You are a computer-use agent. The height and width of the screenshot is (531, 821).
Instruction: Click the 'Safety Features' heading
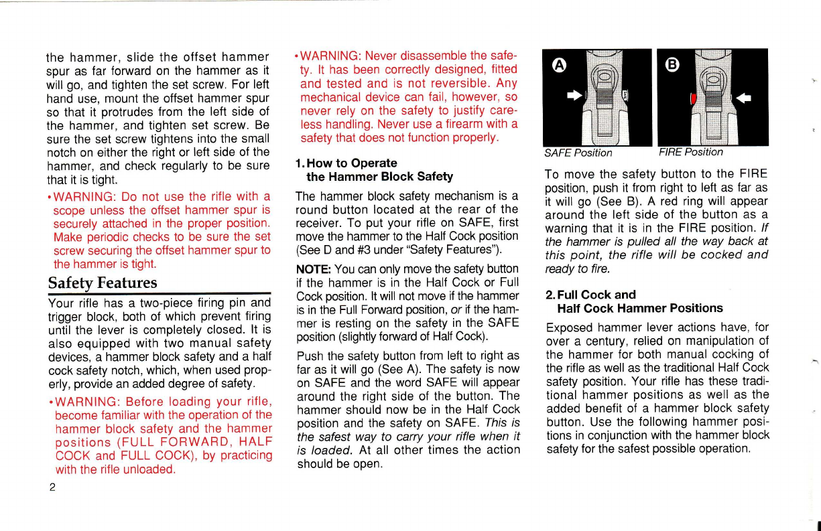click(x=102, y=283)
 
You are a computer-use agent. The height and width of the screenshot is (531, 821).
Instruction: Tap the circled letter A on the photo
click(x=557, y=65)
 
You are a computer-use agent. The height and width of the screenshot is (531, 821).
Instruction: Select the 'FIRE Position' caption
click(x=690, y=153)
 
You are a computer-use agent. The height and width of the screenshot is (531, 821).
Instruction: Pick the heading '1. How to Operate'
click(x=346, y=163)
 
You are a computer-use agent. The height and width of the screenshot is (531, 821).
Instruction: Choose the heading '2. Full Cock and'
click(x=590, y=295)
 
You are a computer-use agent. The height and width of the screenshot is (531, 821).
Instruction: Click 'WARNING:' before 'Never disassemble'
click(x=330, y=55)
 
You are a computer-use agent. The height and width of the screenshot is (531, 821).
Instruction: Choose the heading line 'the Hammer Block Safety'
click(x=379, y=177)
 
